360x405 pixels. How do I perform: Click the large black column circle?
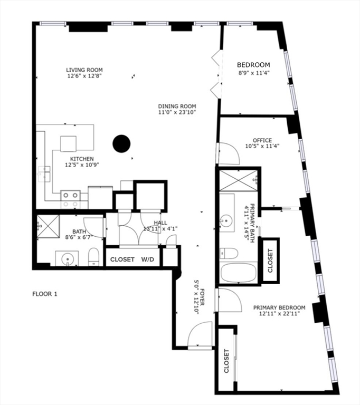[x=122, y=143]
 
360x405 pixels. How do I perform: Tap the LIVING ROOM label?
[x=84, y=70]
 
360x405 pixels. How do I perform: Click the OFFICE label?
[x=262, y=140]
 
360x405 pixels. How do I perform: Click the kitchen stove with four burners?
[x=70, y=199]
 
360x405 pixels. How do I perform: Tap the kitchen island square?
[x=69, y=143]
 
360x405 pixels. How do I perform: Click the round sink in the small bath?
[x=68, y=259]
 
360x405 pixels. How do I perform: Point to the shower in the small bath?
[x=48, y=226]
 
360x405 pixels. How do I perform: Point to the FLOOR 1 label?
[x=44, y=294]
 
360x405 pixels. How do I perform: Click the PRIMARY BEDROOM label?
[x=279, y=307]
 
